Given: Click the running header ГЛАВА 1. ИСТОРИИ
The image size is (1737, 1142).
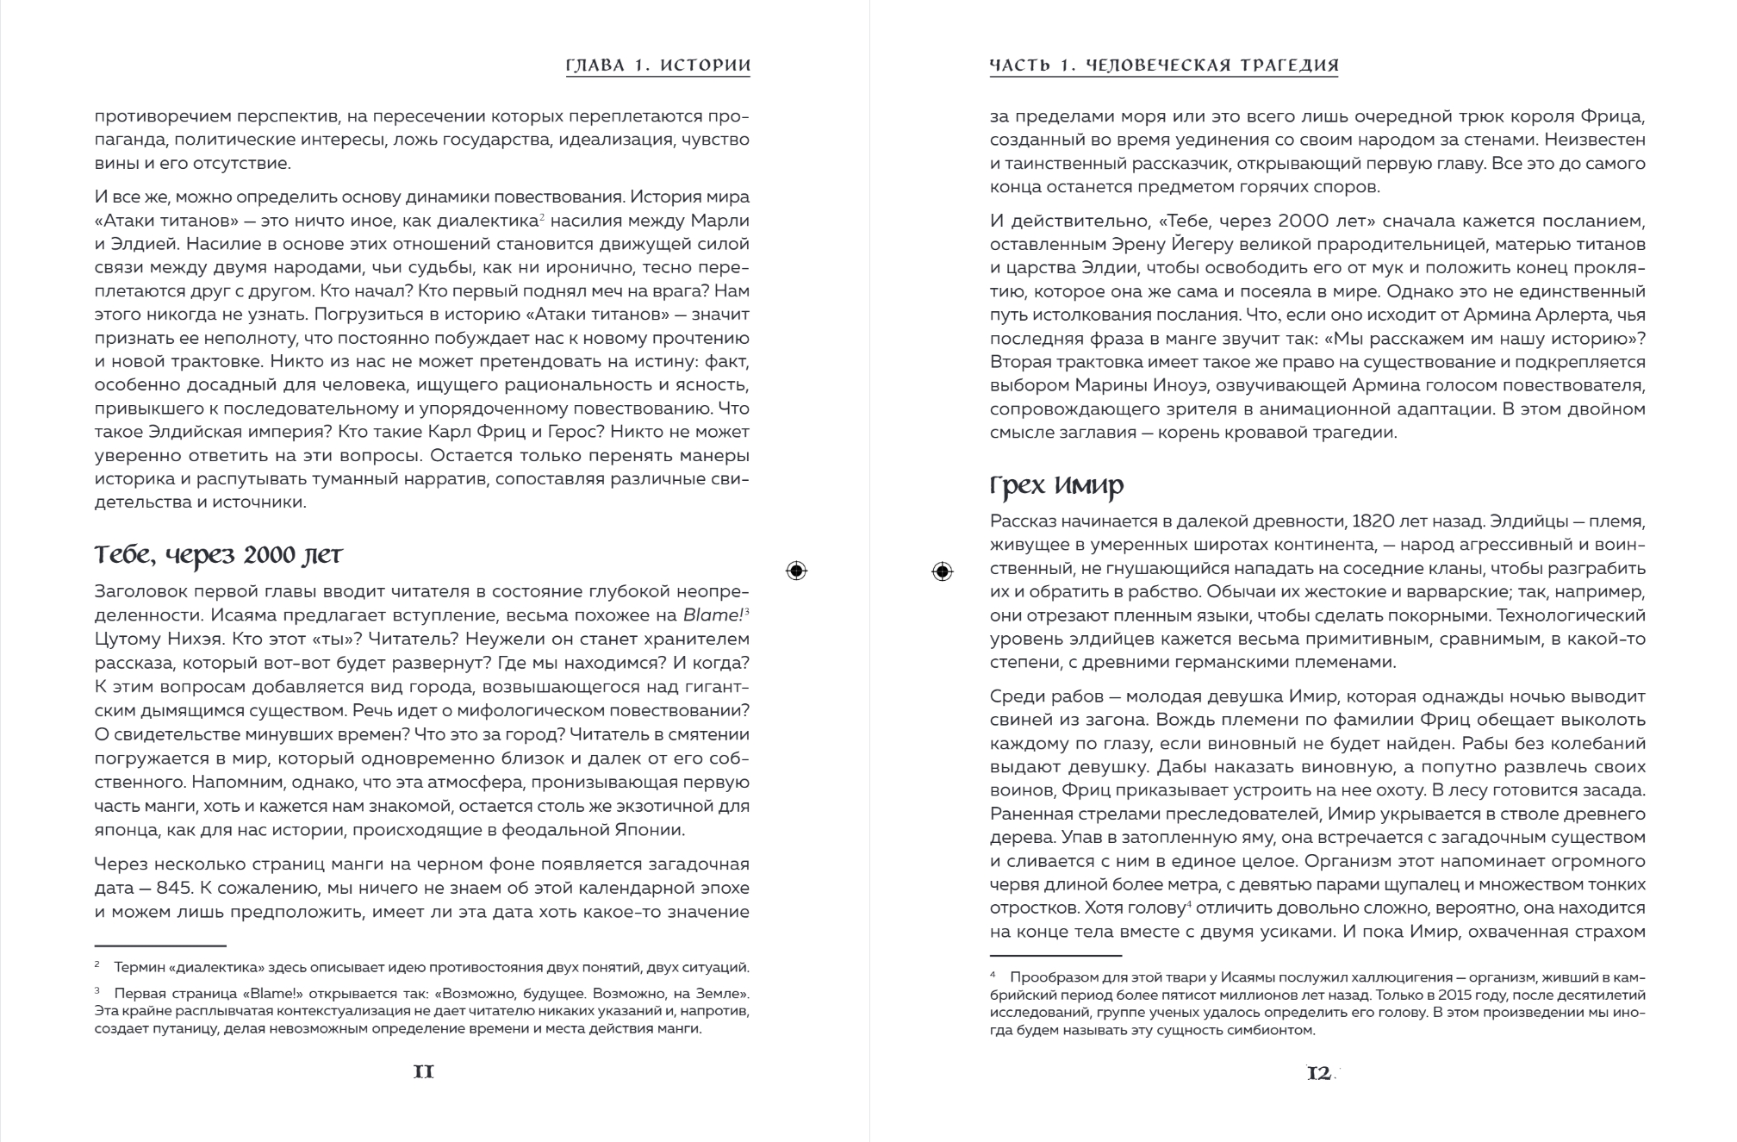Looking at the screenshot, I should (657, 66).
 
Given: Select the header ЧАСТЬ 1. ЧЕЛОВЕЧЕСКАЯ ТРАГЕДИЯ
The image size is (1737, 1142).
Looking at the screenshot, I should (1163, 66).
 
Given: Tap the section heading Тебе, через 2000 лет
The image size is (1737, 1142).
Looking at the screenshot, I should (218, 556).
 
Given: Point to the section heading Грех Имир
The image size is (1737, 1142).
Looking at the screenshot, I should (1056, 487).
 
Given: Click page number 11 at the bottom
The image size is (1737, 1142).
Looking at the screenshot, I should (423, 1072).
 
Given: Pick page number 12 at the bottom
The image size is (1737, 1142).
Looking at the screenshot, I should (1318, 1074).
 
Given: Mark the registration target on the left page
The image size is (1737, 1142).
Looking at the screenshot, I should (797, 571).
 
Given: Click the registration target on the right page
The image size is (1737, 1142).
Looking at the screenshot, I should (943, 571).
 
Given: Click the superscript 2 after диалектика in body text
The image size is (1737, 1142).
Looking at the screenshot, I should (540, 216).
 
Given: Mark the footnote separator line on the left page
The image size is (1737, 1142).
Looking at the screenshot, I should (160, 945).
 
